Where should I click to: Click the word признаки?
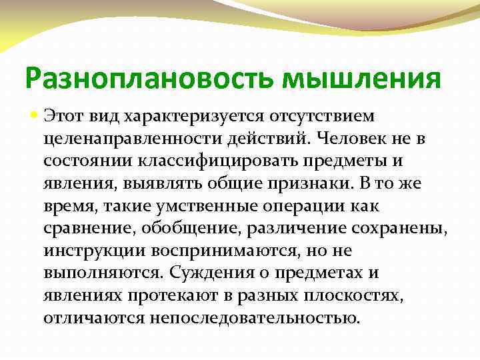click(301, 185)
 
